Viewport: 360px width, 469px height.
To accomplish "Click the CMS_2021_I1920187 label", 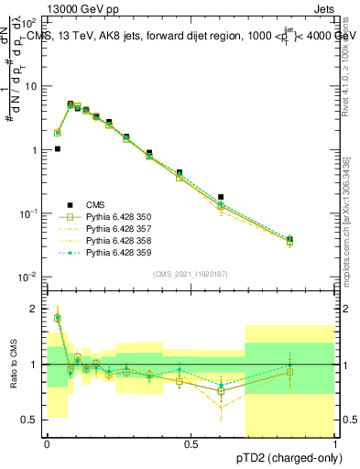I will [191, 274].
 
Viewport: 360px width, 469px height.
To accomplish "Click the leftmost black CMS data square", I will [58, 148].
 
